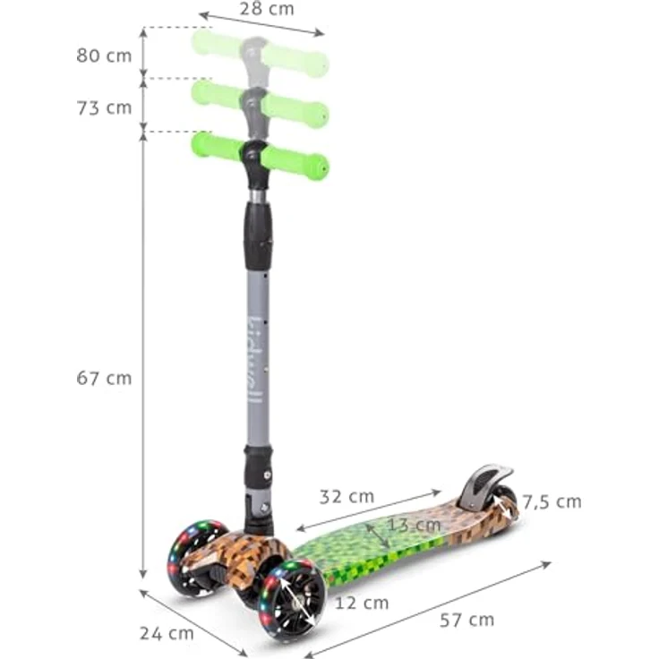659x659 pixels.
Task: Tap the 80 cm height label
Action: coord(104,55)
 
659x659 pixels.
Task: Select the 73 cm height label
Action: coord(104,107)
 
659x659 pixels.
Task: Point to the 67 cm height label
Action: coord(104,378)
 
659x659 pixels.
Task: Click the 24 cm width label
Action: coord(167,633)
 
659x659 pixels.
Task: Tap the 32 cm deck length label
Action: coord(347,496)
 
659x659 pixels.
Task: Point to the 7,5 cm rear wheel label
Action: coord(552,501)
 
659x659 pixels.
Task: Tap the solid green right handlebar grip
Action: coord(296,162)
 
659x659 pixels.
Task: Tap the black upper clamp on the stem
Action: coord(258,235)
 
